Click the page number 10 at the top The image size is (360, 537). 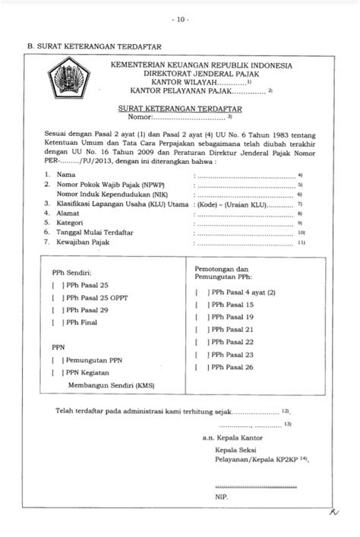[x=180, y=18]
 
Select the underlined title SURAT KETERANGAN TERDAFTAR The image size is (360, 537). [x=180, y=109]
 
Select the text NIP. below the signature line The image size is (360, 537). [x=222, y=496]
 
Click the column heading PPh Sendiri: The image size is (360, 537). [x=73, y=272]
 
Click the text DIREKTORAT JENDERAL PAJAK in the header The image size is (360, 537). [x=201, y=74]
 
